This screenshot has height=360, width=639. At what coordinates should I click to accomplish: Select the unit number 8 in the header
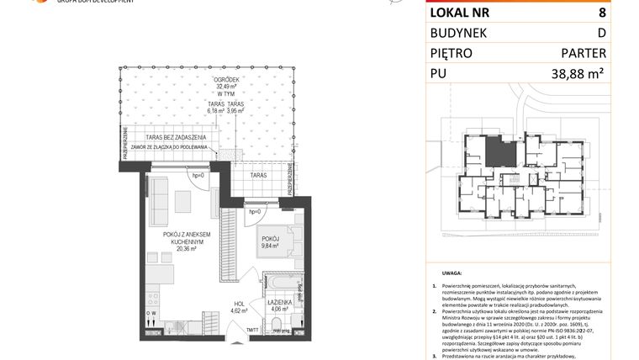(601, 13)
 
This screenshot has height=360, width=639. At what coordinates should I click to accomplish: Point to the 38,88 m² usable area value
(579, 74)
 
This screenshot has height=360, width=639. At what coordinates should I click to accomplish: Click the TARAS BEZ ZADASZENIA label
(176, 137)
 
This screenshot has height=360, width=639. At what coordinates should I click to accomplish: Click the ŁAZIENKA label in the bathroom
(280, 301)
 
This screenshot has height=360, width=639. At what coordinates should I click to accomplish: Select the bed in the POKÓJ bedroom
(273, 240)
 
